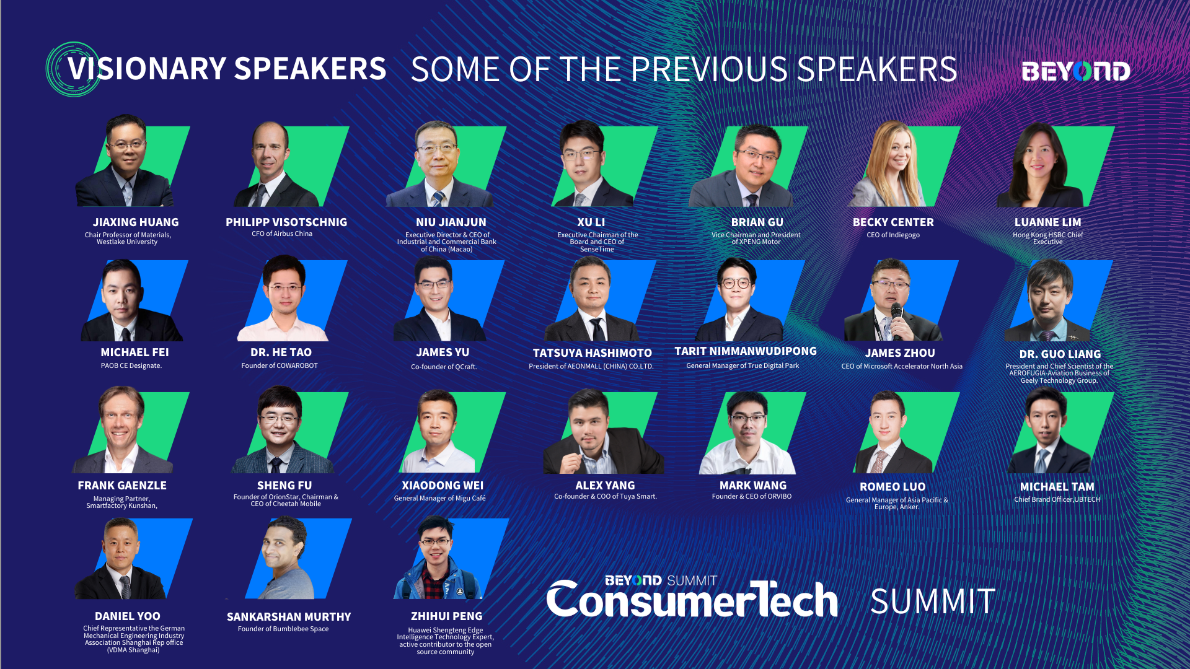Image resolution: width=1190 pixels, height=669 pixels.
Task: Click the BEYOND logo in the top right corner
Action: [x=1075, y=71]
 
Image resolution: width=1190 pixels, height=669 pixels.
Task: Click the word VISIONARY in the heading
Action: [x=146, y=69]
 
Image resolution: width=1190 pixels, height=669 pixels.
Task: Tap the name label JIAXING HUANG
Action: [x=136, y=222]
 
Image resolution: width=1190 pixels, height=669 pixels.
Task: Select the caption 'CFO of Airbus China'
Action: [x=282, y=234]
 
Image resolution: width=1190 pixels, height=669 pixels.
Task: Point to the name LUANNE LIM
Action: [x=1047, y=222]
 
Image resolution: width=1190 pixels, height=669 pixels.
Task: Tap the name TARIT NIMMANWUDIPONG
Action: [x=746, y=351]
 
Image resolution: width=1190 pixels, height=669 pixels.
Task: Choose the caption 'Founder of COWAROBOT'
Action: [x=280, y=365]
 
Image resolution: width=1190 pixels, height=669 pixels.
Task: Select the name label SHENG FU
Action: [x=284, y=486]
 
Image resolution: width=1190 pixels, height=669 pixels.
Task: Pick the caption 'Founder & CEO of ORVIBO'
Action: [x=752, y=496]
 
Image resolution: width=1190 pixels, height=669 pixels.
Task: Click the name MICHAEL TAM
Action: [x=1057, y=487]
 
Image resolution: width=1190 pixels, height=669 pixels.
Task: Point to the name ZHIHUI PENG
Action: [x=446, y=616]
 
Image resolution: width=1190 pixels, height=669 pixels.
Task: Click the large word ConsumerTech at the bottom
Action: [x=692, y=599]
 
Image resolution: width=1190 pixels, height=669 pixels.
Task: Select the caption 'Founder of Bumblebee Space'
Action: [x=283, y=629]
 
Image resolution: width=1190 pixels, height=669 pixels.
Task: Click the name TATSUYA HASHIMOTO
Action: [x=592, y=353]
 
